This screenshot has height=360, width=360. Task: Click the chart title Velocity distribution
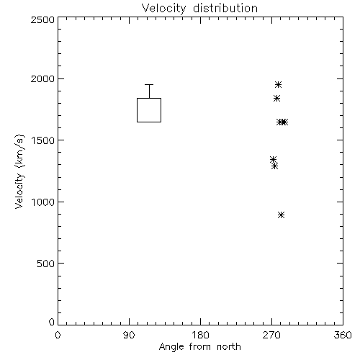pos(199,9)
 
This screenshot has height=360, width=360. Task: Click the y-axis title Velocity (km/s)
pos(19,171)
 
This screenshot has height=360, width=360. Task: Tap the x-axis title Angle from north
pos(200,347)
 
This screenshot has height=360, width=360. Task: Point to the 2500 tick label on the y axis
pos(42,19)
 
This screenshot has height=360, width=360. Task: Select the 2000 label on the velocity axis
pos(42,78)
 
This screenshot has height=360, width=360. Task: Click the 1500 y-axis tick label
pos(43,140)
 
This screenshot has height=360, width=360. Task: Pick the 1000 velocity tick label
pos(43,202)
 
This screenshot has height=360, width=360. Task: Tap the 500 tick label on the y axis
pos(46,264)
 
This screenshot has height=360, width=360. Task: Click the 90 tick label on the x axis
pos(129,335)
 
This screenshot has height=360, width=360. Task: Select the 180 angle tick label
pos(200,335)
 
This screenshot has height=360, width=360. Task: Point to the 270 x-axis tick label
pos(271,335)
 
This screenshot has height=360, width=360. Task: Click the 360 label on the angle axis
pos(343,335)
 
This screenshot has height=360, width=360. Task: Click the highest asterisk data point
pos(278,84)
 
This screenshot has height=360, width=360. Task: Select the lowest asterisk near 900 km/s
pos(282,215)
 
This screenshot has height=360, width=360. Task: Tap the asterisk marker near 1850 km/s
pos(276,98)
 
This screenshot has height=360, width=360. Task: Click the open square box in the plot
pos(137,110)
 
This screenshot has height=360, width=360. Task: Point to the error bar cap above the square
pos(149,84)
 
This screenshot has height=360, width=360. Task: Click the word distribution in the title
pos(225,9)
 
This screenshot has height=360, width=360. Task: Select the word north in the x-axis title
pos(229,347)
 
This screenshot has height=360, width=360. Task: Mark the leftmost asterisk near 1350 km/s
pos(273,159)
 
